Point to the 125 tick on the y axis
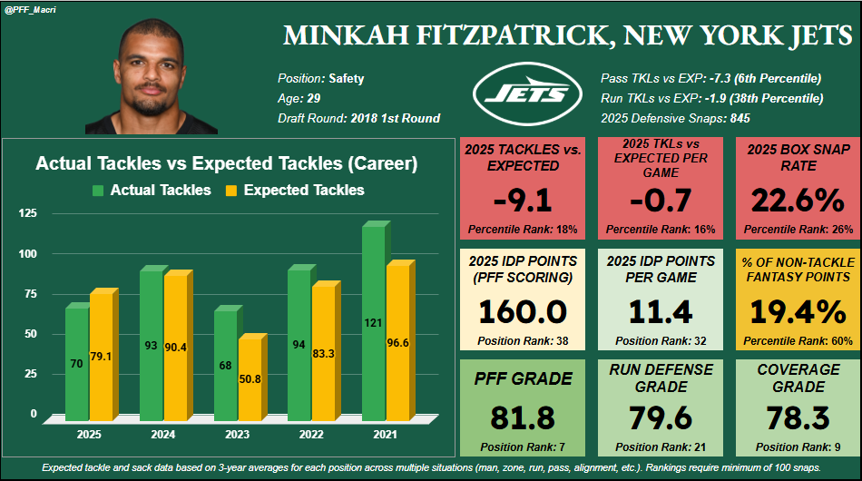click(27, 212)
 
